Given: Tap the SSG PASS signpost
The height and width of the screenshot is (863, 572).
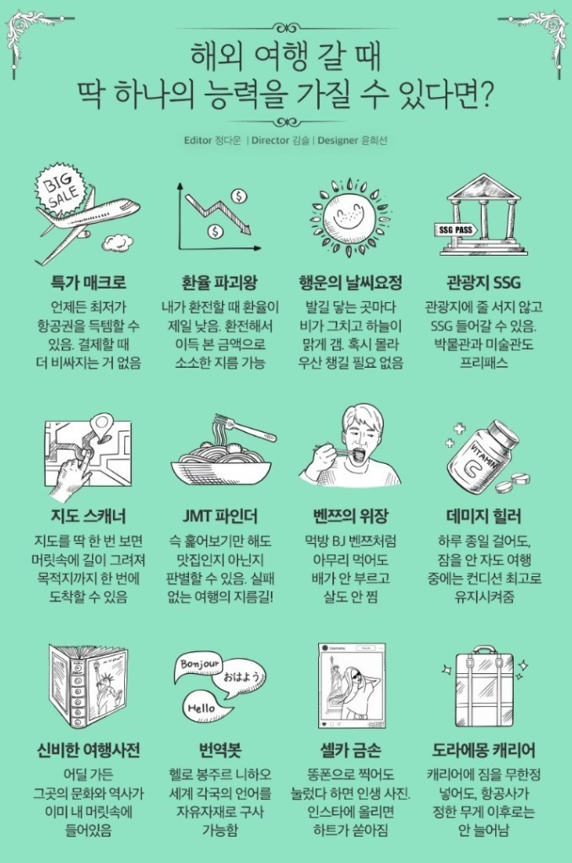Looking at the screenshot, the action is coord(456,229).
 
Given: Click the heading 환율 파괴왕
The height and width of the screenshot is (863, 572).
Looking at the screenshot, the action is coord(220,283).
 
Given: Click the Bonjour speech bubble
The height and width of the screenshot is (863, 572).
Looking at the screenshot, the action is coord(199,664).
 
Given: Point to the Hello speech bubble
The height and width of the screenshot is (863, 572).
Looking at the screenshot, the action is coord(202,708).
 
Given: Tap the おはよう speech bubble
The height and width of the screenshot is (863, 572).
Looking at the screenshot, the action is coord(243,677).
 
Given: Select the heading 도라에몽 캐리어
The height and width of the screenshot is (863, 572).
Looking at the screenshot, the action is coord(483,750).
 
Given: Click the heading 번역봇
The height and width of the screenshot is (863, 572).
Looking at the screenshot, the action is coord(220,750).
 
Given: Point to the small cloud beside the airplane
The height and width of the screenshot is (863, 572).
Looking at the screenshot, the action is coord(118,241).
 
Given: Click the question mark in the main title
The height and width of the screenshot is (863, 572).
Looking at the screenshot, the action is coord(485,94).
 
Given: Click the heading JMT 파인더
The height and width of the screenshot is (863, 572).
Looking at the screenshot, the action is coord(220,516).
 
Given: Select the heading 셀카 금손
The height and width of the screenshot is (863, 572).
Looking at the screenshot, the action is coord(351,750).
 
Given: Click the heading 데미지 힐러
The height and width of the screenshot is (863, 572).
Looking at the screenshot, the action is coord(483,516).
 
